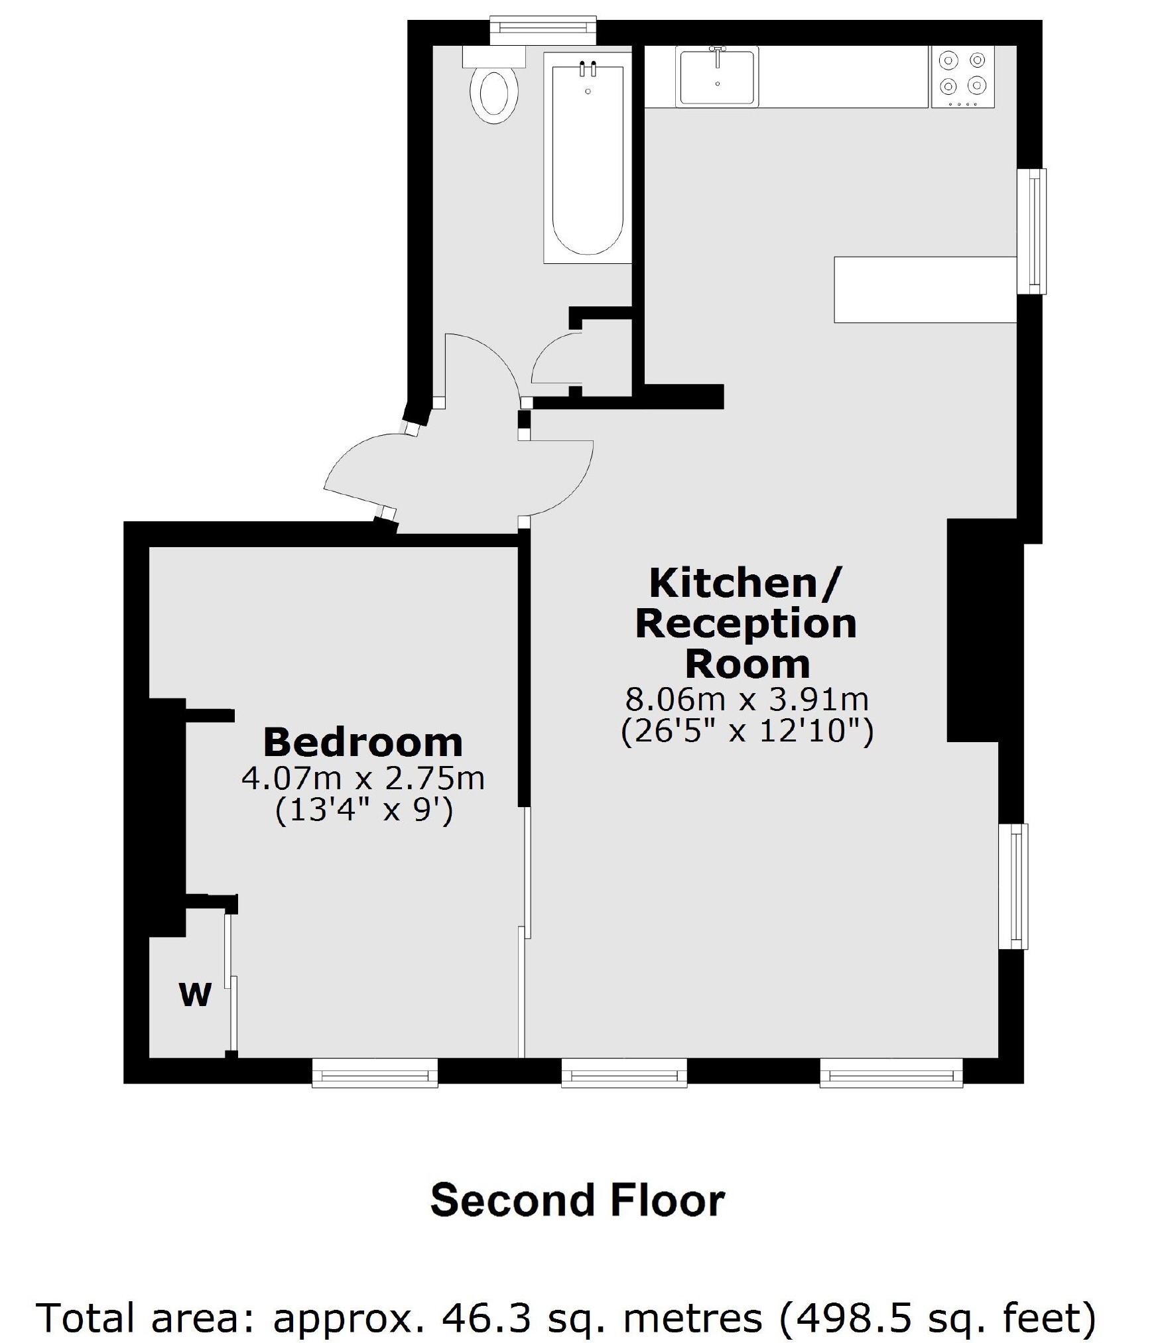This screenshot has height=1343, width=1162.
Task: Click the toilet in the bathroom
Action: pyautogui.click(x=493, y=96)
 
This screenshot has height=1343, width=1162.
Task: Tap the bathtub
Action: pyautogui.click(x=588, y=159)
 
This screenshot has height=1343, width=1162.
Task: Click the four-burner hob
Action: pyautogui.click(x=963, y=76)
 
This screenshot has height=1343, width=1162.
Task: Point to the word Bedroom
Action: pyautogui.click(x=363, y=743)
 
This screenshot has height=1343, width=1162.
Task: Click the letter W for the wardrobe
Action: pyautogui.click(x=195, y=994)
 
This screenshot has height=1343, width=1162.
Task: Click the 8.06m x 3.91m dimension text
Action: pyautogui.click(x=747, y=699)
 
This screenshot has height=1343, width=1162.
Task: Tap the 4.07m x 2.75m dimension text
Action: pyautogui.click(x=363, y=779)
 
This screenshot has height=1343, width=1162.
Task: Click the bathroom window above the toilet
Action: pyautogui.click(x=543, y=27)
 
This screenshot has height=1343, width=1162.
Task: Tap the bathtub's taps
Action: pyautogui.click(x=588, y=68)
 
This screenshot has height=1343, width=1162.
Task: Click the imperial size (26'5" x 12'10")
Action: pyautogui.click(x=747, y=732)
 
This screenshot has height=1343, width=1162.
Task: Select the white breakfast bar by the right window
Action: pyautogui.click(x=925, y=289)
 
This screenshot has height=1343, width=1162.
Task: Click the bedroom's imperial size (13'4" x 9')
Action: pyautogui.click(x=363, y=810)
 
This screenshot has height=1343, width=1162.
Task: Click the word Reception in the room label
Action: pyautogui.click(x=746, y=624)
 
